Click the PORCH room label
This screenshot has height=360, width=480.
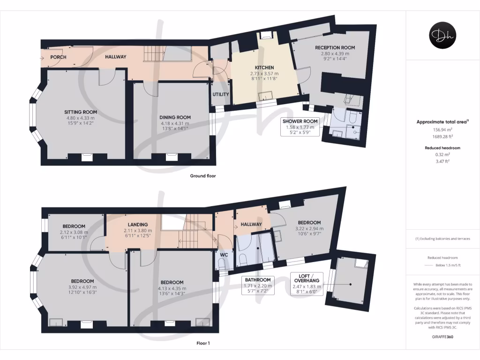click(59, 57)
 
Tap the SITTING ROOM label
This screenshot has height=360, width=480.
click(81, 112)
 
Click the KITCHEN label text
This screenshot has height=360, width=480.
click(264, 67)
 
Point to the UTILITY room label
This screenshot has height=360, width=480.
click(221, 94)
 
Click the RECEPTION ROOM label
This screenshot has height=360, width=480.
click(335, 47)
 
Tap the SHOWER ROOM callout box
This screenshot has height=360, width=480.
click(300, 127)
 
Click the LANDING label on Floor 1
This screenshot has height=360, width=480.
click(137, 225)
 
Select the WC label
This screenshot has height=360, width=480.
click(224, 255)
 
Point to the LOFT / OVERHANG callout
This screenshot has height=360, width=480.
click(305, 284)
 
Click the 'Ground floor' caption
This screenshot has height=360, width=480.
click(202, 176)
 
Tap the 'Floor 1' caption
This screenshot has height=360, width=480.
click(202, 343)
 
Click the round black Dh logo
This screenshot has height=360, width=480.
click(442, 36)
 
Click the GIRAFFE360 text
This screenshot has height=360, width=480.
click(442, 337)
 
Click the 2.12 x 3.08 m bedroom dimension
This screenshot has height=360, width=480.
click(74, 232)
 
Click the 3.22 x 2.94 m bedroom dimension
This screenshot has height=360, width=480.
click(308, 228)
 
